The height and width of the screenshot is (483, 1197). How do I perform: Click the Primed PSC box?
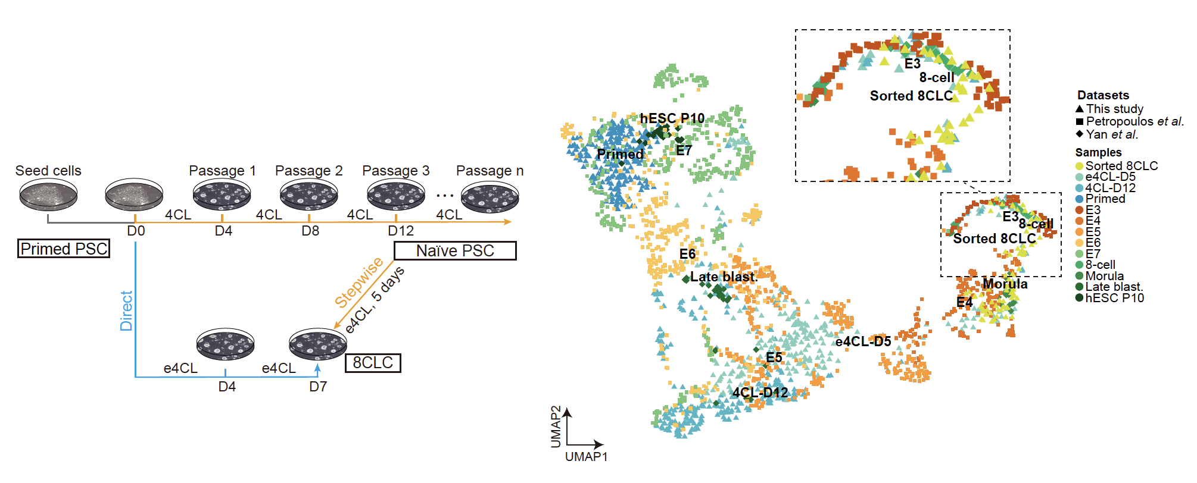coord(64,249)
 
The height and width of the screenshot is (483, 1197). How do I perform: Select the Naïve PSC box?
coord(455,251)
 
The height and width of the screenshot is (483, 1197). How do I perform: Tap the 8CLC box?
coord(373,363)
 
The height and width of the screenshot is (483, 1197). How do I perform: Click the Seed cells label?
coord(48,171)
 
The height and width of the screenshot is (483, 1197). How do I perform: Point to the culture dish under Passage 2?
coord(308,195)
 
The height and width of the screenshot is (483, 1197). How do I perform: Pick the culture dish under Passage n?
coord(490,197)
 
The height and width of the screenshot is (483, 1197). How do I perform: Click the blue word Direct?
coord(126,310)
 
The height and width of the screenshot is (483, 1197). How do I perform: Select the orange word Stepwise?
coord(359,283)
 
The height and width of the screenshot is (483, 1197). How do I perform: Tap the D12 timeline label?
coord(401,231)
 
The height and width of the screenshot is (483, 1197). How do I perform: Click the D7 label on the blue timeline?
coord(318,387)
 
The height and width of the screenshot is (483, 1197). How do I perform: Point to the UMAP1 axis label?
coord(586,457)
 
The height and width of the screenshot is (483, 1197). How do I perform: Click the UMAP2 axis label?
coord(556,426)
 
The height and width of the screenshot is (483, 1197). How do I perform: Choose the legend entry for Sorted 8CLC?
coord(1121,166)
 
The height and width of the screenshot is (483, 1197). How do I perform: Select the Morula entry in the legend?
coord(1104,276)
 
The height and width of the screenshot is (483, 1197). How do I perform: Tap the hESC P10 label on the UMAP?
coord(672,118)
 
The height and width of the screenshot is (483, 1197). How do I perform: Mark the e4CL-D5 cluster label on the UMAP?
coord(863,341)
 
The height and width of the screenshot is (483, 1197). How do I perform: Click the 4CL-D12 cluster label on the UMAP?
coord(760,393)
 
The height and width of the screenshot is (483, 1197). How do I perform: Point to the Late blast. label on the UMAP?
coord(724,277)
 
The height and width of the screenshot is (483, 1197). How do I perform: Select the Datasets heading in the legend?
coord(1103,95)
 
